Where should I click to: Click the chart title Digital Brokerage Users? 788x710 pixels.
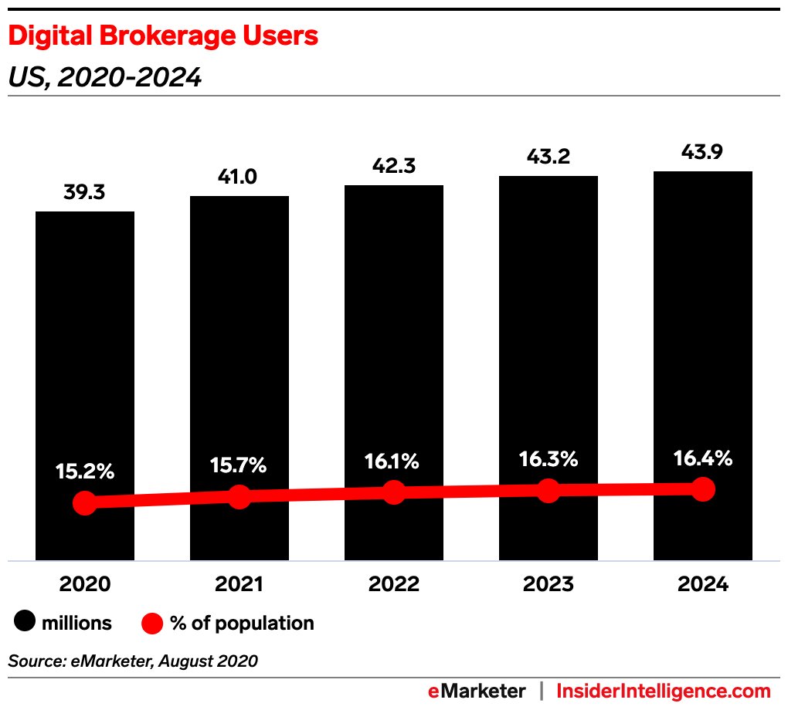163,36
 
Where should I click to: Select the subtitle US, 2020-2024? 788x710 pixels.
105,78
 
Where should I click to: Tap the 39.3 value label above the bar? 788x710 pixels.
85,192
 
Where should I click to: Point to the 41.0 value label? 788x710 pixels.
239,177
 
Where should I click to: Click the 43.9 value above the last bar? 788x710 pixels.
703,152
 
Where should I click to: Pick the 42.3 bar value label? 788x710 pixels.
394,166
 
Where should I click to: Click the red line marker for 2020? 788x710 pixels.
85,502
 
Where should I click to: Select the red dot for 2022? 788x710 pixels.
394,492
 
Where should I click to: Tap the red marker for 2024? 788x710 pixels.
703,489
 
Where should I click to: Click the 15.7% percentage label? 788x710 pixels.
239,465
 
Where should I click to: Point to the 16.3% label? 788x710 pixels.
548,460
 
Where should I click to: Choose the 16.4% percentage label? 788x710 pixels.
702,458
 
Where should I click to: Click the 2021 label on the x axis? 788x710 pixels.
239,583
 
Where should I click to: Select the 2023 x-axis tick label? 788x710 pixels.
549,583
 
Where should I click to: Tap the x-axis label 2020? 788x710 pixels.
85,583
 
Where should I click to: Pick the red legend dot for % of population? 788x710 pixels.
152,623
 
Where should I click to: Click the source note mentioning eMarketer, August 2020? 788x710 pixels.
133,661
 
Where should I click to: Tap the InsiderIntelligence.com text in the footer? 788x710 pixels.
664,691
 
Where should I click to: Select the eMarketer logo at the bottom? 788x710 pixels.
477,691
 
